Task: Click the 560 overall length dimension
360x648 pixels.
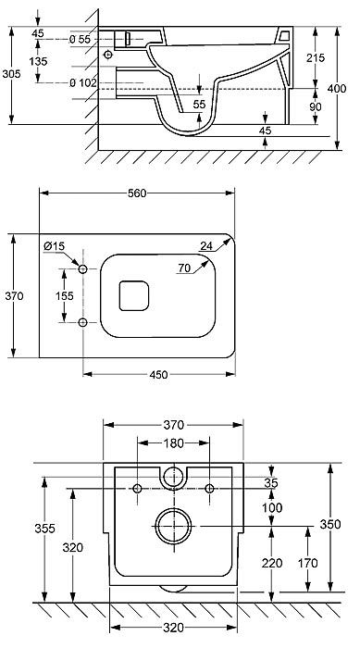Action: coord(137,193)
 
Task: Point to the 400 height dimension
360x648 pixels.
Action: coord(337,89)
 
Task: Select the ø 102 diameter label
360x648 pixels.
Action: coord(82,82)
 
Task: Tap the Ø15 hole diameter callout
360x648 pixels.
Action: coord(55,246)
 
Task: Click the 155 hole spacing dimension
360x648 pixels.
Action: coord(65,296)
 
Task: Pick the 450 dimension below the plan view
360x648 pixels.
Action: coord(158,374)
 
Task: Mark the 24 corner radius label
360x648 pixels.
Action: coord(206,246)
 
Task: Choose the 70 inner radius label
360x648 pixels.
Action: coord(184,268)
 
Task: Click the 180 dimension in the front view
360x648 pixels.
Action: coord(174,443)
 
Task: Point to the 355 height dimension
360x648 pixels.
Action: coord(44,529)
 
